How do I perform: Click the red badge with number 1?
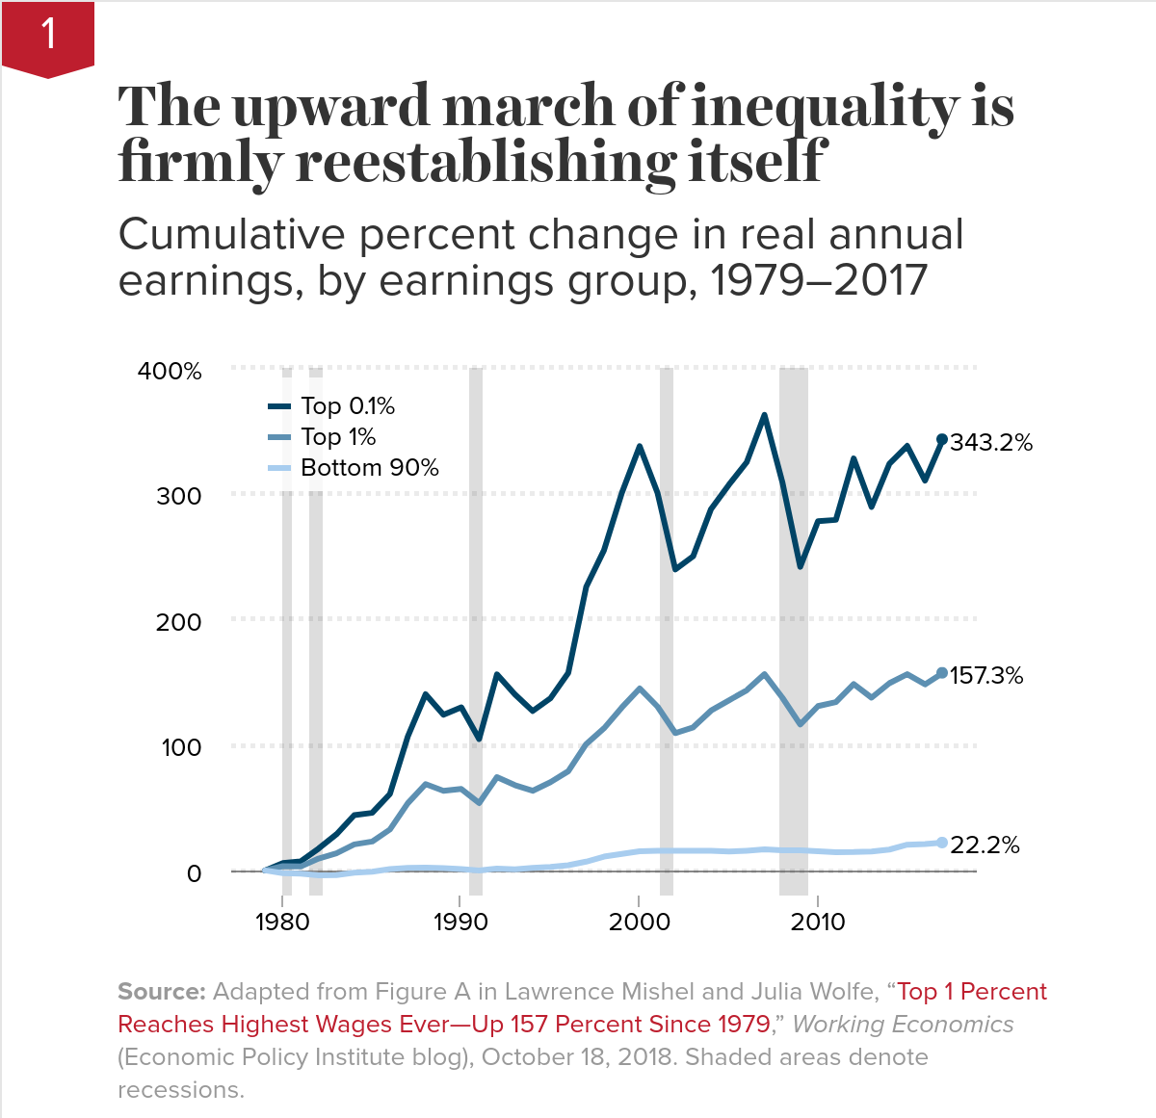48,37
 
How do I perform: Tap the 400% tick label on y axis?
170,371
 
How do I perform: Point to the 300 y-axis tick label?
179,496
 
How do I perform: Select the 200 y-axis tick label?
179,622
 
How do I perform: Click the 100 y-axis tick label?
180,747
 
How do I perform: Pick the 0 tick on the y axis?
194,873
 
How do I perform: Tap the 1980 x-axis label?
282,922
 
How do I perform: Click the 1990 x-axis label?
460,922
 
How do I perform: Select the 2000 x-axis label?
639,922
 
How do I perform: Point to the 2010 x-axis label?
818,922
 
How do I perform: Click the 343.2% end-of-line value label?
991,443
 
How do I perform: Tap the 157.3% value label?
986,676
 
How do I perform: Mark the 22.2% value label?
985,845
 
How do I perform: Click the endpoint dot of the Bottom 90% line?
942,843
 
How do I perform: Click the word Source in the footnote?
161,992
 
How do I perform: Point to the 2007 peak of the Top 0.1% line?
764,415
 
